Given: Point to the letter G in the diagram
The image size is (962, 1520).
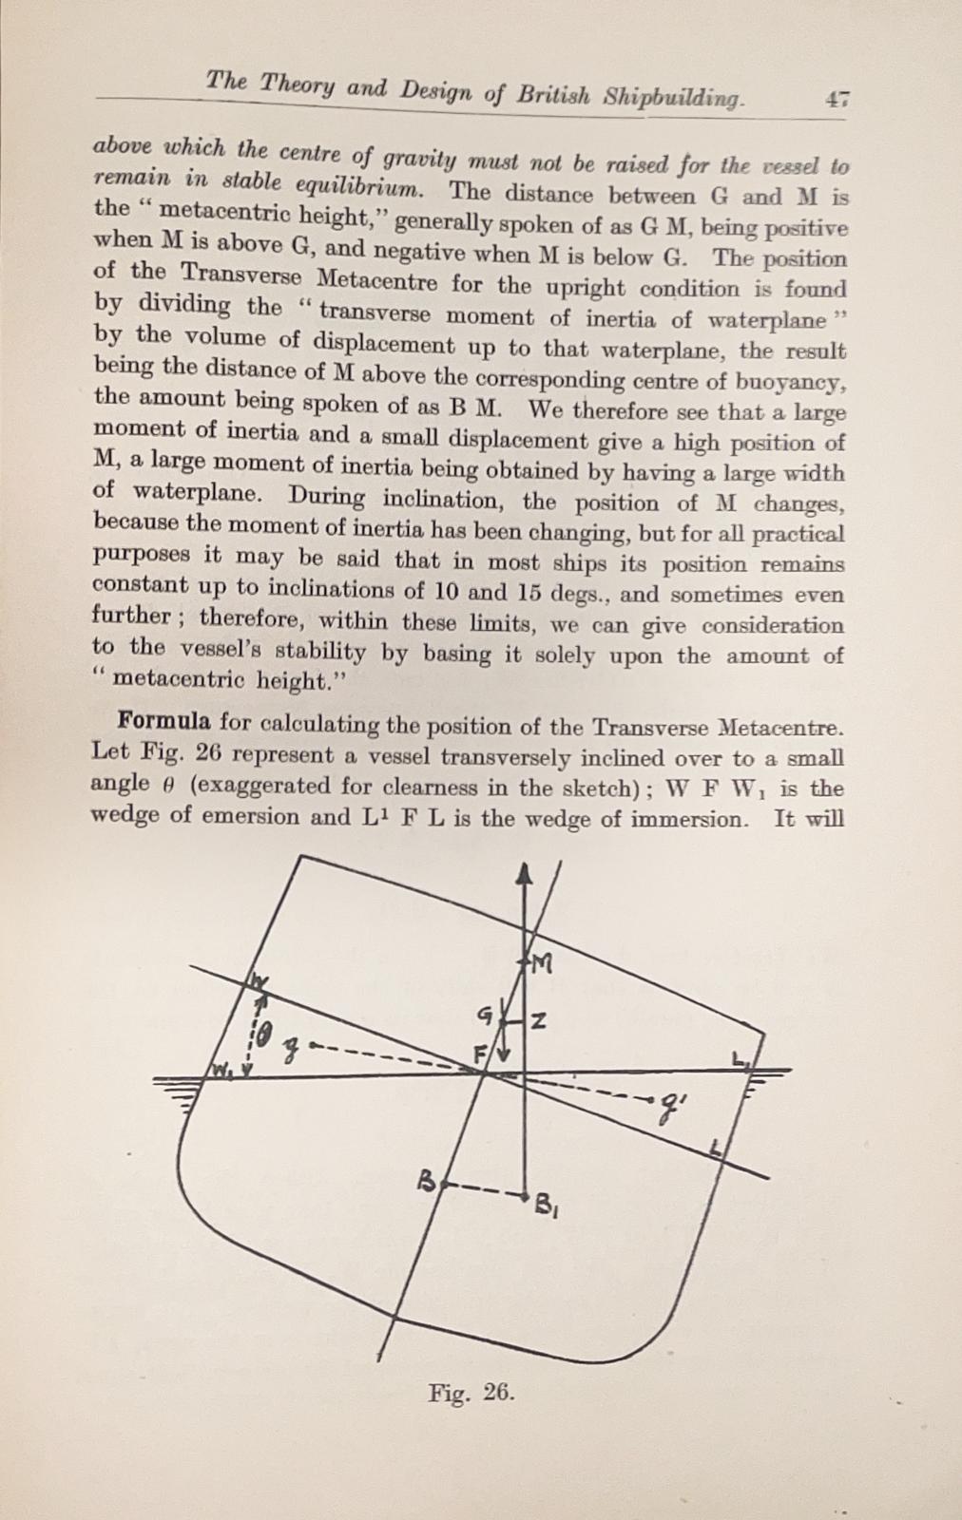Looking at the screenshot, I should (x=485, y=1016).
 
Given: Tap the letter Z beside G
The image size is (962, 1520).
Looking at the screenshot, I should (x=538, y=1022).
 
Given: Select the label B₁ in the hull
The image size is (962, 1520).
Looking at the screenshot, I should (x=547, y=1206).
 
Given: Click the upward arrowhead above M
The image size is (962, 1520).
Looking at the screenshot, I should (x=522, y=874).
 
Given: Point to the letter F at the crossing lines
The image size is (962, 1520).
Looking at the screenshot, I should (x=480, y=1054).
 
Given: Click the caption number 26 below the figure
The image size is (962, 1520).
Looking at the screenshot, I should (x=499, y=1394).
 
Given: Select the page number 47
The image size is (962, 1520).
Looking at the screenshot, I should (x=837, y=99).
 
